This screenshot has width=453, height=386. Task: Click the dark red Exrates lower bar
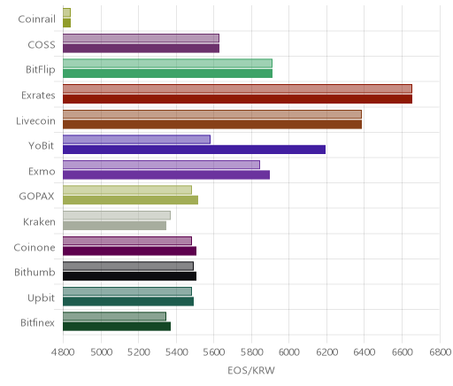pyautogui.click(x=237, y=99)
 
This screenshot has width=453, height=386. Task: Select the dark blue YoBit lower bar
pyautogui.click(x=194, y=150)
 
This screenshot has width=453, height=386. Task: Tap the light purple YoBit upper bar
pyautogui.click(x=136, y=139)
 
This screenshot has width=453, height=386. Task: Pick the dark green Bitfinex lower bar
pyautogui.click(x=117, y=327)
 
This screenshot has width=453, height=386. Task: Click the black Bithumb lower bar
pyautogui.click(x=129, y=276)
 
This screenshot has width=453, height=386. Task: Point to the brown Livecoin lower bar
pyautogui.click(x=212, y=125)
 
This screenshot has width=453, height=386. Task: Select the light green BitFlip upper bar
pyautogui.click(x=167, y=64)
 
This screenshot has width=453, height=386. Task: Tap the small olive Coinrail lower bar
pyautogui.click(x=66, y=23)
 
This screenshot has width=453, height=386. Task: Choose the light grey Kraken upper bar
pyautogui.click(x=117, y=215)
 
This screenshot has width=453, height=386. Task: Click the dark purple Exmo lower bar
pyautogui.click(x=166, y=175)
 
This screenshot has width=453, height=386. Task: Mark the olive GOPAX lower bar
pyautogui.click(x=130, y=200)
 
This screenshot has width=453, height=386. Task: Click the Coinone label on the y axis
pyautogui.click(x=35, y=247)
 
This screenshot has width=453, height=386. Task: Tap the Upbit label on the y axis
pyautogui.click(x=41, y=298)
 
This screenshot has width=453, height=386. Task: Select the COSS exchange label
pyautogui.click(x=42, y=44)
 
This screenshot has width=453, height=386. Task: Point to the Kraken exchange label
pyautogui.click(x=39, y=221)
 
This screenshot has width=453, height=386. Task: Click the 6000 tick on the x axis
pyautogui.click(x=289, y=352)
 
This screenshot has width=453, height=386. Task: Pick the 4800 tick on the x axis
pyautogui.click(x=63, y=352)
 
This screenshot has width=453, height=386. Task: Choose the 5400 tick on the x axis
pyautogui.click(x=176, y=352)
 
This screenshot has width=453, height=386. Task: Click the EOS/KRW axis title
pyautogui.click(x=251, y=370)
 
